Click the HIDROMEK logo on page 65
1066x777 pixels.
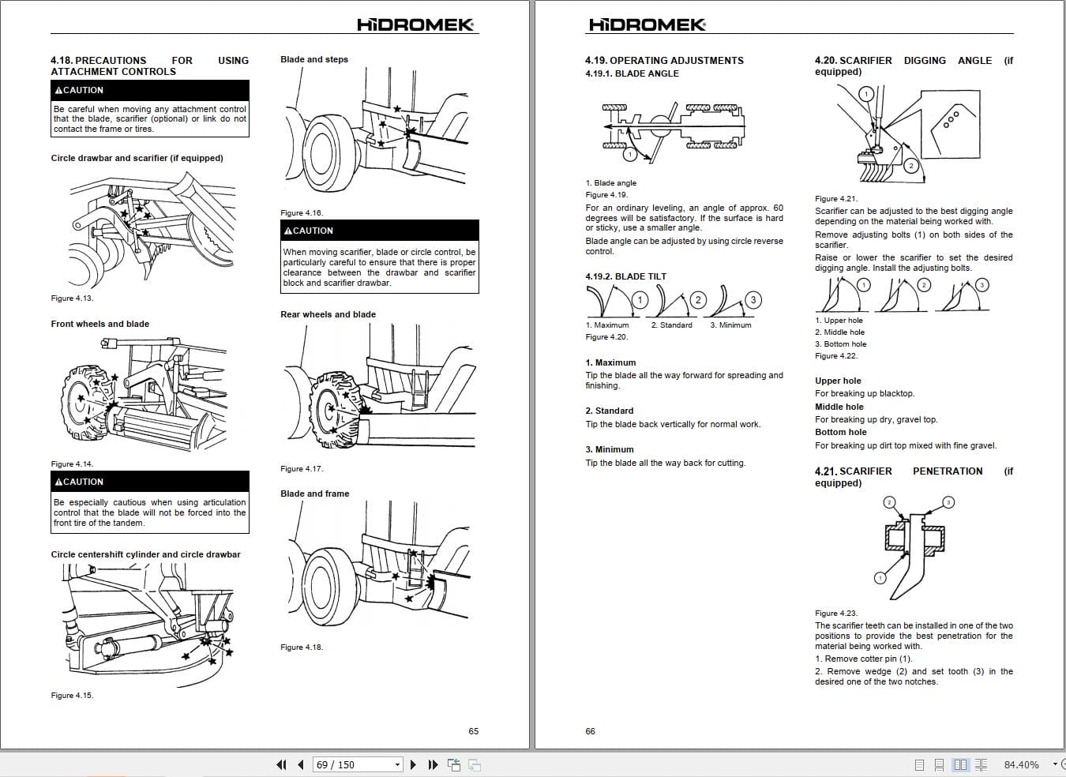[416, 24]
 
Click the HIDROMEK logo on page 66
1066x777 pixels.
[647, 24]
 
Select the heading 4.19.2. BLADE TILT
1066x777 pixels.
[625, 276]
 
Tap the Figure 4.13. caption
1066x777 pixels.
[72, 298]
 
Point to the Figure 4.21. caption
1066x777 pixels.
[836, 199]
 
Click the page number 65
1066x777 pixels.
[474, 731]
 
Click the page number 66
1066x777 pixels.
[591, 731]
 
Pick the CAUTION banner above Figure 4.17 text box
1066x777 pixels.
[379, 231]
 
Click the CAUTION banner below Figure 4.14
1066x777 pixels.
[149, 482]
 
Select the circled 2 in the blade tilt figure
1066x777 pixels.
[697, 300]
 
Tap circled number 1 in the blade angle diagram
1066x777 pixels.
[629, 155]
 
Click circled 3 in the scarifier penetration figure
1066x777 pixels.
[948, 502]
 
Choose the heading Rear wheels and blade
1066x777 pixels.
[328, 314]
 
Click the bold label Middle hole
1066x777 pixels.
[839, 407]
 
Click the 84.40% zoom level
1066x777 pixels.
[1021, 764]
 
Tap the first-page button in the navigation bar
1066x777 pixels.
[282, 764]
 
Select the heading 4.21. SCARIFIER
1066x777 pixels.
[853, 471]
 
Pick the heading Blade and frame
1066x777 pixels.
[314, 494]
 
